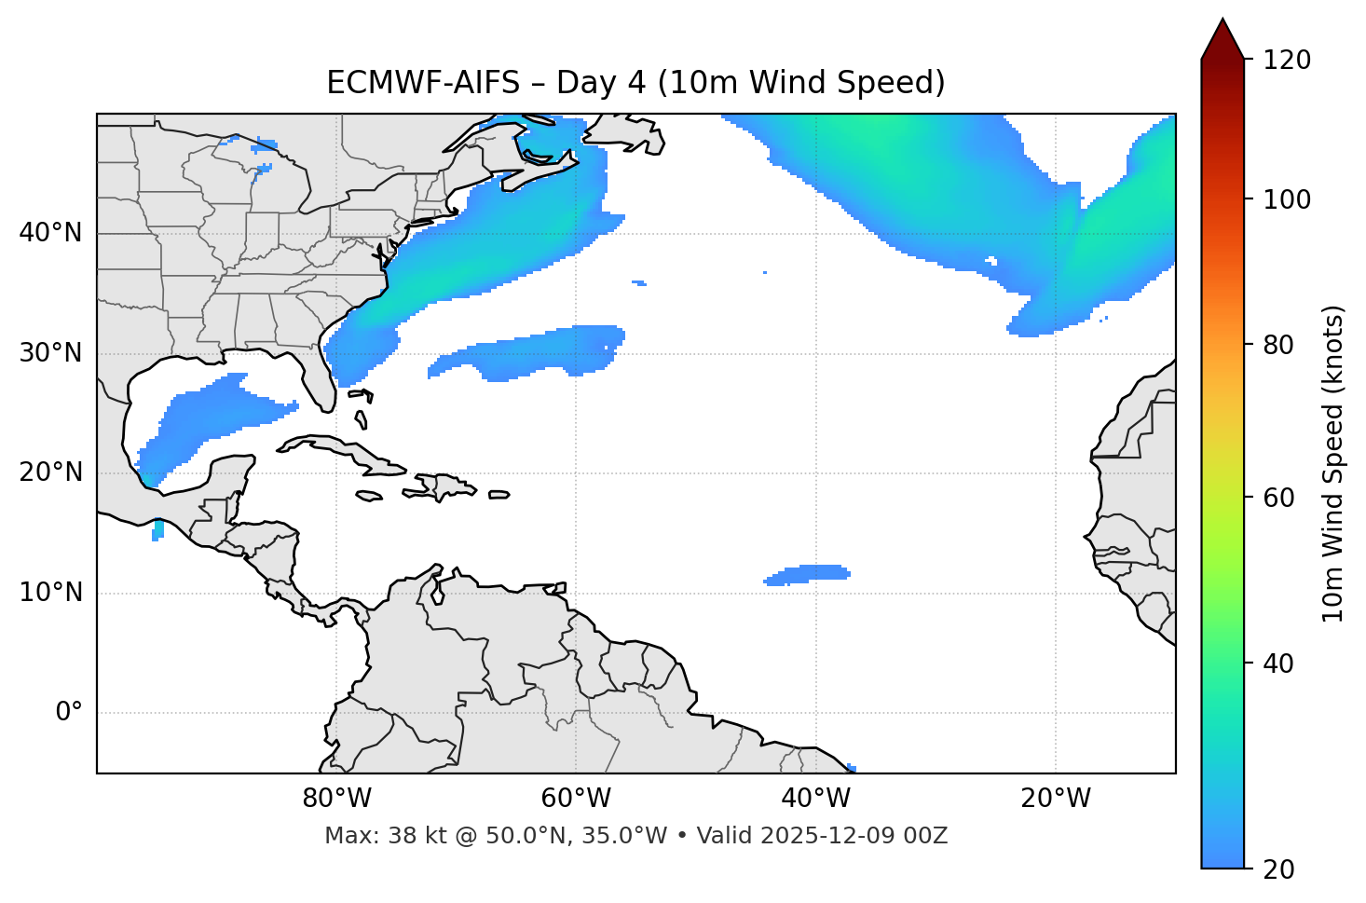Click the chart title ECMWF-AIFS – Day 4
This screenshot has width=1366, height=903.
click(635, 83)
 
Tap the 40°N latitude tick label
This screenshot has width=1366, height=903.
click(50, 233)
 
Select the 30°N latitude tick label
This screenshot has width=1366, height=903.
click(50, 353)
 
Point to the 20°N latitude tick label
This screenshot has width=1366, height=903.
click(50, 472)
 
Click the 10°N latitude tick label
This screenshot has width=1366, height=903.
click(50, 593)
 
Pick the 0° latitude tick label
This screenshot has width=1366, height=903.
click(68, 713)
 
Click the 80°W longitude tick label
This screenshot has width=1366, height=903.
click(336, 799)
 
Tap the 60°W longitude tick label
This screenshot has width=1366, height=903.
click(576, 799)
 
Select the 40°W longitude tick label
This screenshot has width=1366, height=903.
click(815, 799)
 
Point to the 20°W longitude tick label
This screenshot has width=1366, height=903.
click(1055, 799)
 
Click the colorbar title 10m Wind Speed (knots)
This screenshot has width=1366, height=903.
click(1333, 464)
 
